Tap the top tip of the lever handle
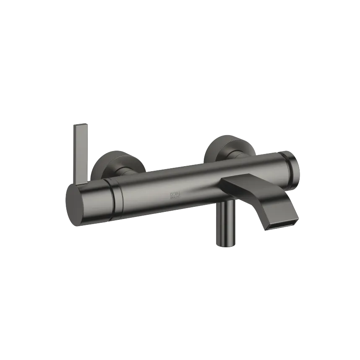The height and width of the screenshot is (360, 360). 82,125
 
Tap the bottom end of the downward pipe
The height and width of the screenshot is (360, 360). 225,245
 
